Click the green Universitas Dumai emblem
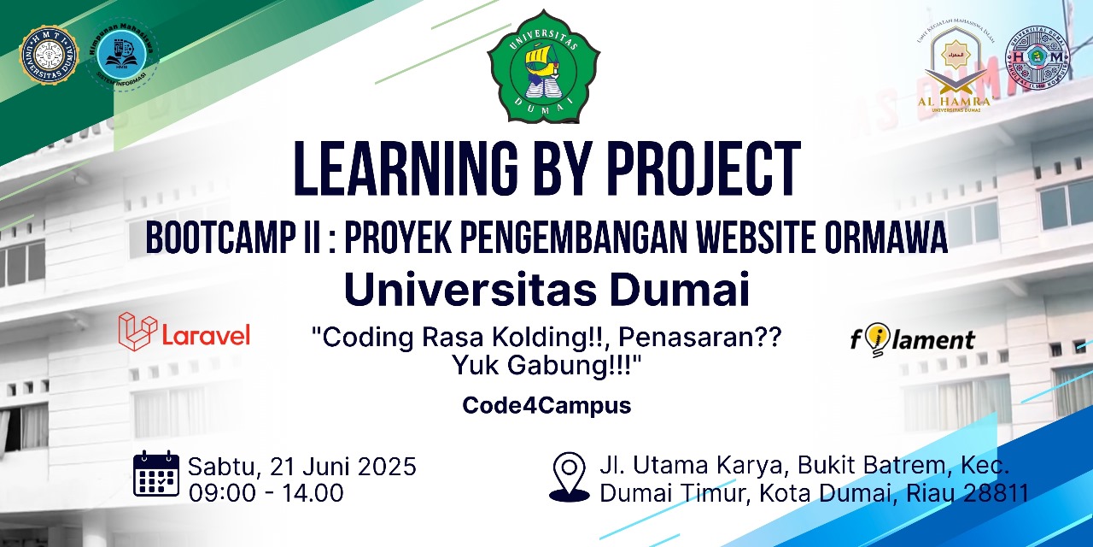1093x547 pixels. [543, 68]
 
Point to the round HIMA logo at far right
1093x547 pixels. [1037, 57]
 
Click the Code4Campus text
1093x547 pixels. [546, 405]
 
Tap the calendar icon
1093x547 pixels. [156, 474]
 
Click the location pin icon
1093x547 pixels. [569, 476]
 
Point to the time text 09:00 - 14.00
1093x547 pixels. [266, 493]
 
